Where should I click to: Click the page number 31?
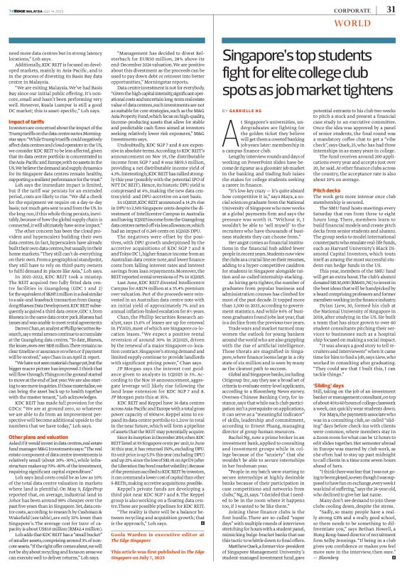[x=390, y=9]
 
